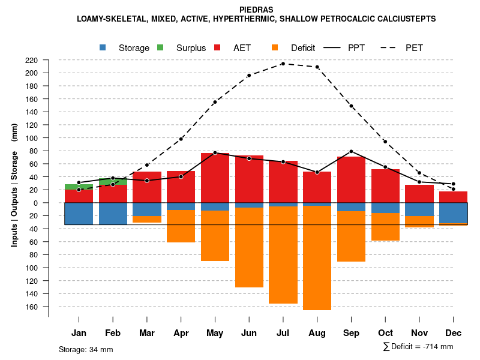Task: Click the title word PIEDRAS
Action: coord(257,10)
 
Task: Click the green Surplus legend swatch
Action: coord(160,47)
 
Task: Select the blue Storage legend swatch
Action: coord(103,47)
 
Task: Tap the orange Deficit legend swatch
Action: coord(275,47)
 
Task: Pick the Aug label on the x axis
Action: coord(317,333)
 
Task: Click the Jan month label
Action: coord(79,333)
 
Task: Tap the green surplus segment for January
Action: coord(79,187)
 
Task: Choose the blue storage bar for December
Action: coord(453,212)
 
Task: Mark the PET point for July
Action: coord(283,64)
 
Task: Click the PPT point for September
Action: coord(351,151)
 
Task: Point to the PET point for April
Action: coord(181,139)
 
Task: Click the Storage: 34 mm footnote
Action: coord(86,349)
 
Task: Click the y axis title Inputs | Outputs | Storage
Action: coord(14,185)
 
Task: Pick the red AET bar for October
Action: coord(385,186)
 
